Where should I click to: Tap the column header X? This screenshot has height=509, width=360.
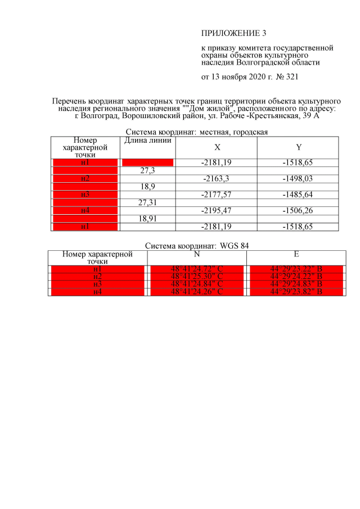click(x=217, y=147)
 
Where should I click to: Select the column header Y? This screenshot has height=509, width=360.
click(x=298, y=147)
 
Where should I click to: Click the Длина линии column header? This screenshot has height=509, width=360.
click(x=148, y=140)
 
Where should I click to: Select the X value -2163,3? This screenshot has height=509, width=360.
click(x=217, y=178)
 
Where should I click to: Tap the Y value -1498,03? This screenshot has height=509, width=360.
click(x=298, y=178)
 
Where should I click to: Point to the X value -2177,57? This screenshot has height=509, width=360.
click(x=217, y=195)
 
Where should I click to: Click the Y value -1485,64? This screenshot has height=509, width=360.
click(x=298, y=195)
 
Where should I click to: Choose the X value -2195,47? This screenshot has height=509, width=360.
click(x=217, y=210)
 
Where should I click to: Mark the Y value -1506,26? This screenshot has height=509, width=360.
click(x=298, y=210)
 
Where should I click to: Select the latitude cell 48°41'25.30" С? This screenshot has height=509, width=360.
click(x=197, y=276)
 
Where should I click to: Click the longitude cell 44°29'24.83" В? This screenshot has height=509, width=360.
click(x=296, y=284)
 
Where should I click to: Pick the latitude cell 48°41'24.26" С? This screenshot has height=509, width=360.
click(x=197, y=291)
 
